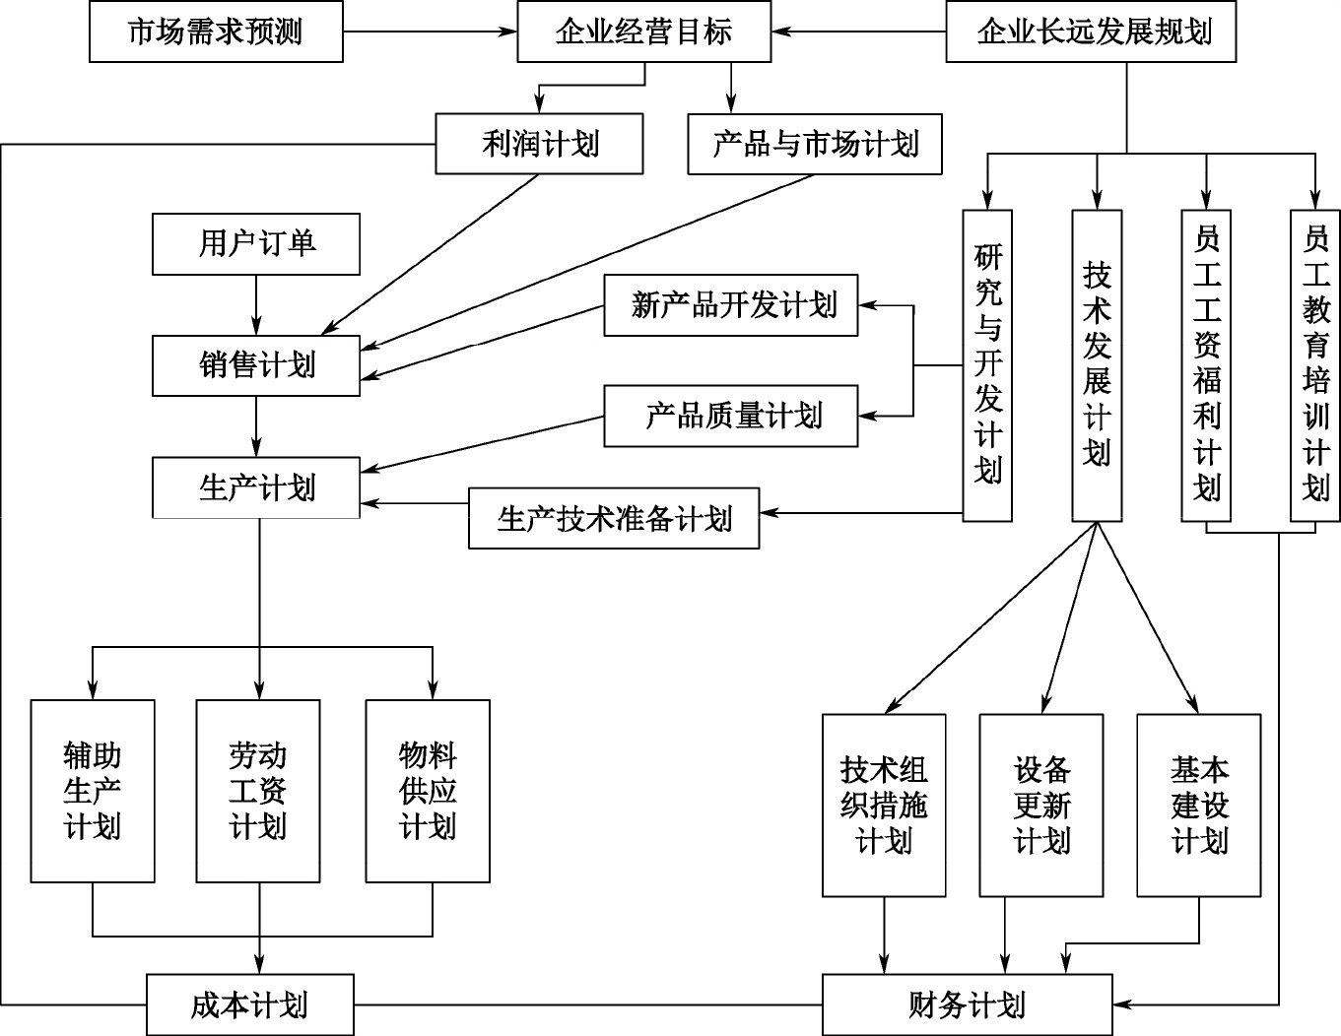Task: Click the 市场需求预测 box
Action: point(216,32)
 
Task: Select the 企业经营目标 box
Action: point(644,32)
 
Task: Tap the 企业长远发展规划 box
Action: point(1093,32)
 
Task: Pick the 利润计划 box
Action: point(539,145)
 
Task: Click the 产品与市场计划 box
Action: point(814,145)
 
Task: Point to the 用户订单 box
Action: point(256,243)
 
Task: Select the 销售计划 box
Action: point(256,365)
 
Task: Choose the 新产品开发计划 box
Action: point(731,306)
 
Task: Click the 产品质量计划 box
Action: point(731,416)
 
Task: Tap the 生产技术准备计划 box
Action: point(614,518)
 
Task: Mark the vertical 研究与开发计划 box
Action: point(987,364)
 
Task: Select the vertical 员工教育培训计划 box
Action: point(1315,364)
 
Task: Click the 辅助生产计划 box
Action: point(93,791)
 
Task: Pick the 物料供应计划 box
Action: point(428,791)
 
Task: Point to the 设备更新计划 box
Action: point(1041,805)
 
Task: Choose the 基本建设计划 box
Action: point(1199,805)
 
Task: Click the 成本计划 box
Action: point(250,1005)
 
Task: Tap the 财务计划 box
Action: point(968,1005)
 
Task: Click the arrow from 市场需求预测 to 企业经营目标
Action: point(431,32)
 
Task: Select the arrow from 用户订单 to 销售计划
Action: point(256,304)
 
